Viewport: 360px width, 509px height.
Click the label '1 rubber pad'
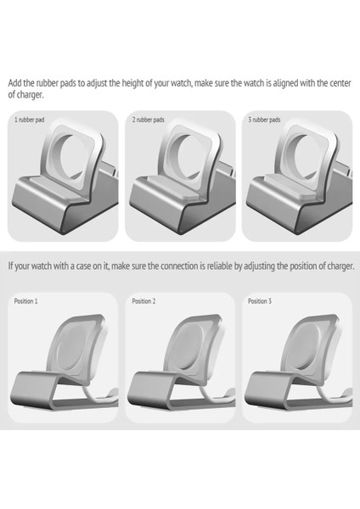(x=31, y=120)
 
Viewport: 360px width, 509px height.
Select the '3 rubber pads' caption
(x=265, y=120)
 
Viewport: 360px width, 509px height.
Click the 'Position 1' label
(x=26, y=301)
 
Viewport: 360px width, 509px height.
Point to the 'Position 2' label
(x=143, y=301)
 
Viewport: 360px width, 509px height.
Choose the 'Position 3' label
(x=260, y=301)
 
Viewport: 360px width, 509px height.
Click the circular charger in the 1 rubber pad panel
(x=66, y=153)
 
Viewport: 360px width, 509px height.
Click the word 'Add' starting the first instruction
(x=14, y=83)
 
